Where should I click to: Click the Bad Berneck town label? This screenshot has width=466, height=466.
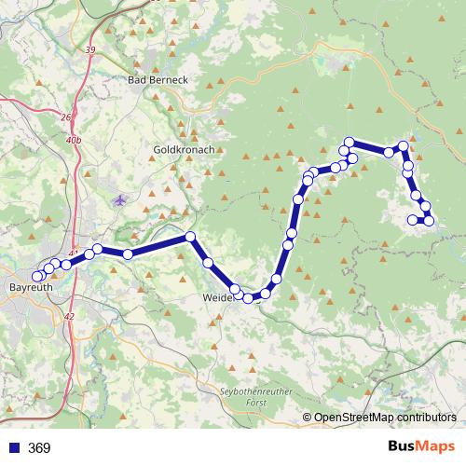(158, 80)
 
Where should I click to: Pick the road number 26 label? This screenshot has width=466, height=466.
(65, 117)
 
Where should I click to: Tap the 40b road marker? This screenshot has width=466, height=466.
(75, 140)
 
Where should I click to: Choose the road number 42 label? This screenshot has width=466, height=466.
(69, 317)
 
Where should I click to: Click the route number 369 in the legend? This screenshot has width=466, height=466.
(39, 448)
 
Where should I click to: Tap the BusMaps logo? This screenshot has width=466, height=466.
(414, 447)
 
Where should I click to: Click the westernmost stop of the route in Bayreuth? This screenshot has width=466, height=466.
(37, 277)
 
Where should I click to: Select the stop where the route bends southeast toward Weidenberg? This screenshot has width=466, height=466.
(190, 237)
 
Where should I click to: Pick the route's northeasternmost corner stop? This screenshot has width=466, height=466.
(403, 146)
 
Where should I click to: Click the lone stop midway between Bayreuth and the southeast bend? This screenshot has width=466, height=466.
(128, 254)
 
